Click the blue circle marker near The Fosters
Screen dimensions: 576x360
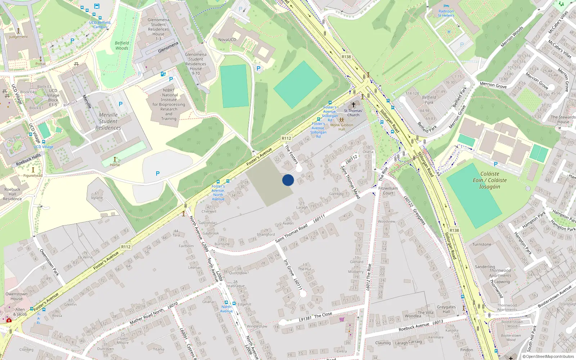tap(288, 180)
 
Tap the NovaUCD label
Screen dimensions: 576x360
tap(227, 40)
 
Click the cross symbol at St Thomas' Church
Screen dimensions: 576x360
tap(353, 104)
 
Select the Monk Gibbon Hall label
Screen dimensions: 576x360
tap(342, 127)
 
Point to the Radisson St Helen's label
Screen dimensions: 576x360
tap(446, 13)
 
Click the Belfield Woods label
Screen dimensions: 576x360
tap(122, 45)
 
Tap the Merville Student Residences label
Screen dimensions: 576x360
tap(108, 121)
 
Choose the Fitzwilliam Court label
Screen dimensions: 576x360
tap(388, 190)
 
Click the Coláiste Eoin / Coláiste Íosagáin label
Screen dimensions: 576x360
tap(490, 180)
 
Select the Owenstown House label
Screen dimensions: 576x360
tap(16, 296)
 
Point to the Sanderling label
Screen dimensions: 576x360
tap(485, 267)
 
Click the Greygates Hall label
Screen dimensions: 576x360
tap(446, 309)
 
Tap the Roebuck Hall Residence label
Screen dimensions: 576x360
tap(12, 194)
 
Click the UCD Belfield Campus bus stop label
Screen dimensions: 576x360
tap(100, 24)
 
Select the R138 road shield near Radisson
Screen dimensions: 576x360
tap(346, 57)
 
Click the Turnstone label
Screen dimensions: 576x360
tap(482, 244)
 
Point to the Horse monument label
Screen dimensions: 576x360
tap(115, 165)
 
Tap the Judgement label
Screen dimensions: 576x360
tap(18, 37)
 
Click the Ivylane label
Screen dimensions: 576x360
tap(97, 198)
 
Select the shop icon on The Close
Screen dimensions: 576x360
tap(342, 319)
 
